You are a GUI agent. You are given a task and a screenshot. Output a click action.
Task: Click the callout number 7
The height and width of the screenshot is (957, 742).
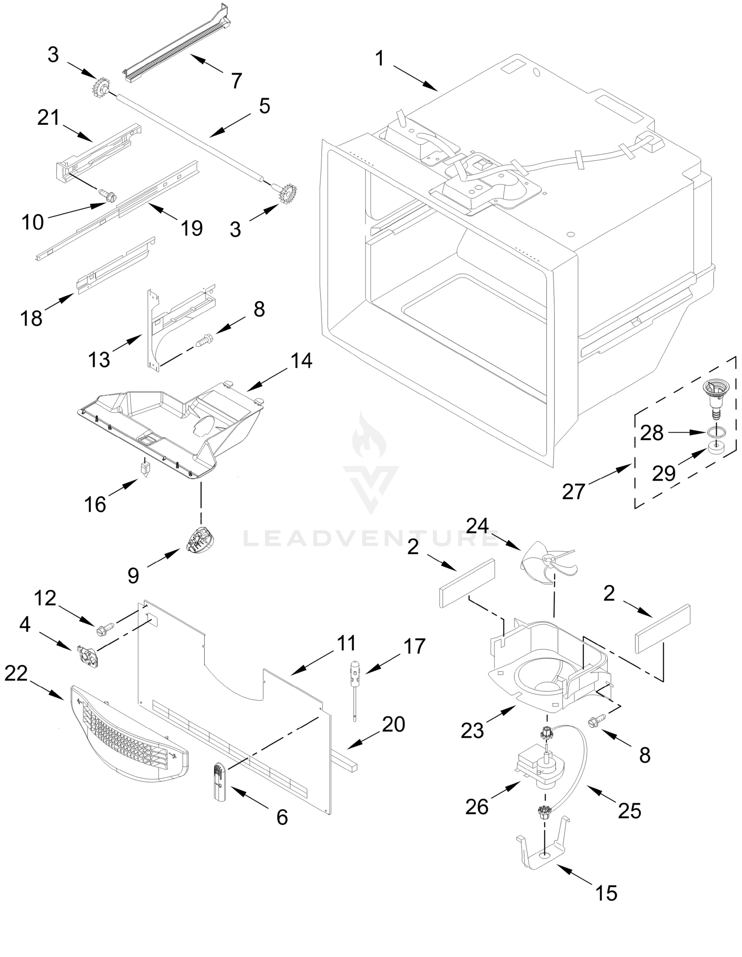click(237, 81)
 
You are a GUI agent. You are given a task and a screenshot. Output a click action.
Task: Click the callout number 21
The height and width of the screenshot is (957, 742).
click(48, 118)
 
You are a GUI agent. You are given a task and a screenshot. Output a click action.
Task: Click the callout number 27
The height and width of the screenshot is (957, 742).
click(573, 491)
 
